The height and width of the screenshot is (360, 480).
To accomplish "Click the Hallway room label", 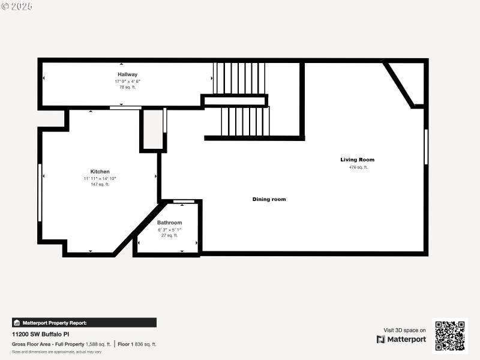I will (x=127, y=74).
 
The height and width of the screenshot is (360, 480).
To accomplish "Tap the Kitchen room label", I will (x=100, y=172).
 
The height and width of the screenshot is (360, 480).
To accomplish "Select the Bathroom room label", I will (x=169, y=223).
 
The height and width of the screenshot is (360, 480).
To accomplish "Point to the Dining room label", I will (x=269, y=199).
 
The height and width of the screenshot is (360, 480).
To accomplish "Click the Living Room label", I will (x=357, y=160).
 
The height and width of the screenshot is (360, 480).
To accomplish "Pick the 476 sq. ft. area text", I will (x=358, y=167).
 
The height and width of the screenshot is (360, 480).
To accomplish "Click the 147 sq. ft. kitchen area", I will (x=100, y=185).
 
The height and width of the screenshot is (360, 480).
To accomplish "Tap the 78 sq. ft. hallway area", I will (x=127, y=88).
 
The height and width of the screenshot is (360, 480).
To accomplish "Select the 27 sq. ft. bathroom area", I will (x=169, y=235).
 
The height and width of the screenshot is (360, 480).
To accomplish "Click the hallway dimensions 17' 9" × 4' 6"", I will (x=127, y=81).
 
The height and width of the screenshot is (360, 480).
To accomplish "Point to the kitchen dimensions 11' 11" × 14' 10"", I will (x=100, y=178).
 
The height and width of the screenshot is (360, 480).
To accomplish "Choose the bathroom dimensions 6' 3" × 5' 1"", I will (x=169, y=229).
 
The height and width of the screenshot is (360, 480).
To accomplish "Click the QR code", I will (x=449, y=336).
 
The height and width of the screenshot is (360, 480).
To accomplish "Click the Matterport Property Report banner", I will (x=84, y=322).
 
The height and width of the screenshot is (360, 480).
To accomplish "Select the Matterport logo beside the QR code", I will (x=401, y=340).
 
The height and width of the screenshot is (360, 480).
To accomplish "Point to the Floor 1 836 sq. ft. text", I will (x=137, y=344).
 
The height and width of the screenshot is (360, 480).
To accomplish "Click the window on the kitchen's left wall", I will (x=40, y=192).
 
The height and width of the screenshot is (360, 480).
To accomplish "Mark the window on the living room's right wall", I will (x=426, y=147).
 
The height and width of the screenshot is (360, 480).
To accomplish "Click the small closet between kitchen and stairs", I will (x=153, y=129).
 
